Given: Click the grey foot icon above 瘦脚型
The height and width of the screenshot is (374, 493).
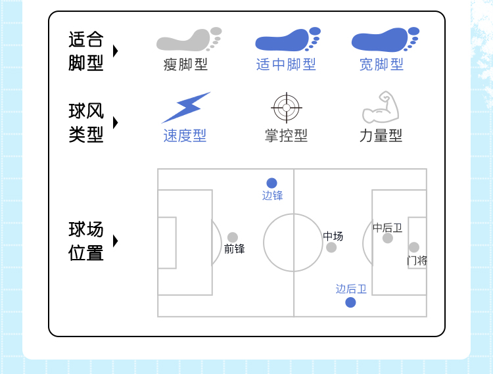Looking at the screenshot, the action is [x=187, y=40].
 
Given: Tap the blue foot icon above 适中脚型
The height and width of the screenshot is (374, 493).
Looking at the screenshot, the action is [x=287, y=40].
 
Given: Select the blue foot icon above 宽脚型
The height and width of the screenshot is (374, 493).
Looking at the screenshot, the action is [x=384, y=40].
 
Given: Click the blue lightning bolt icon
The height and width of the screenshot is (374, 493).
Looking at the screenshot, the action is [x=185, y=108].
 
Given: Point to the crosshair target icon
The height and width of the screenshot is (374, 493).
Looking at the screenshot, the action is [x=286, y=108].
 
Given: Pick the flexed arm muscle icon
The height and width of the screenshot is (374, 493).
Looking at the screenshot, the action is [x=381, y=108].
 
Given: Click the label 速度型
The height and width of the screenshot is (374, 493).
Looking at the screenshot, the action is [x=185, y=135].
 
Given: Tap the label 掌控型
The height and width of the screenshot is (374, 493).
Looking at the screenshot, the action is [x=286, y=135].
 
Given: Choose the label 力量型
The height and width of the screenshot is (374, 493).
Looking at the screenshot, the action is [x=381, y=135].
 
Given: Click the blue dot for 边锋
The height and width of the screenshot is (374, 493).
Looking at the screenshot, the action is [x=271, y=183].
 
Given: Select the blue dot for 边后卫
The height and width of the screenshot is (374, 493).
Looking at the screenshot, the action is [x=350, y=302].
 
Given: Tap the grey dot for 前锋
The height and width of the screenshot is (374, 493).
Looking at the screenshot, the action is [x=233, y=237].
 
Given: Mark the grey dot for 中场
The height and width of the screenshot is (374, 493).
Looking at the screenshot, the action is [x=331, y=248].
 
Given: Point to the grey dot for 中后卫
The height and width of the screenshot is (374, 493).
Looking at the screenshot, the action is [x=388, y=238].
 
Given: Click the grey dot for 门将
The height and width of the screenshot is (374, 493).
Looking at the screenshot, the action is [x=413, y=248].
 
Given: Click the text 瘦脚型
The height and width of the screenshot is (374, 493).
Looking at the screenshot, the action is [x=185, y=64].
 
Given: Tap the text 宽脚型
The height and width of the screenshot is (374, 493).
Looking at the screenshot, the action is [x=381, y=64].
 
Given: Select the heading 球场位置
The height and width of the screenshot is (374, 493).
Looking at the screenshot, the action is [x=86, y=241].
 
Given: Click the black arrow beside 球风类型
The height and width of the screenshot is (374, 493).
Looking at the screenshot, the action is [x=116, y=123].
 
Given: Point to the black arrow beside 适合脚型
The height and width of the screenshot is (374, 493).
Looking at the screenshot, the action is [x=116, y=51].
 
